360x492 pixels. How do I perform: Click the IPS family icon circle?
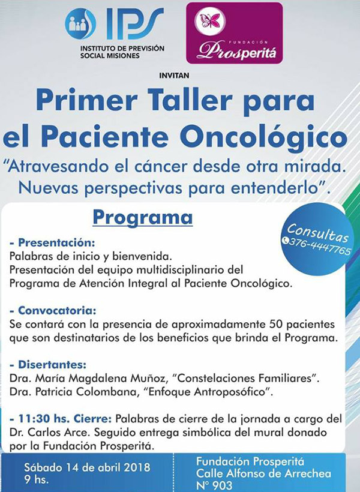point(80,23)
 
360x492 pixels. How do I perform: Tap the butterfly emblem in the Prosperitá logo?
point(209,21)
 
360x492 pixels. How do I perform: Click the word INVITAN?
point(174,76)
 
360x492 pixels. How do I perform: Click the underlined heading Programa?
point(142,217)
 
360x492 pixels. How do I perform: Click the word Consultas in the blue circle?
point(317,233)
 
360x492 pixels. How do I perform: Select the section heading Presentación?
point(52,242)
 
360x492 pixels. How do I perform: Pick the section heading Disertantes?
point(48,365)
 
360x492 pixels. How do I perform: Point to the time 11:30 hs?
point(44,419)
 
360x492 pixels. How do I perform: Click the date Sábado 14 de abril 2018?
point(87,467)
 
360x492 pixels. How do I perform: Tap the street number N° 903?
point(214,485)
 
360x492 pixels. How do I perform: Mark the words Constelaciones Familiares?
point(248,378)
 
